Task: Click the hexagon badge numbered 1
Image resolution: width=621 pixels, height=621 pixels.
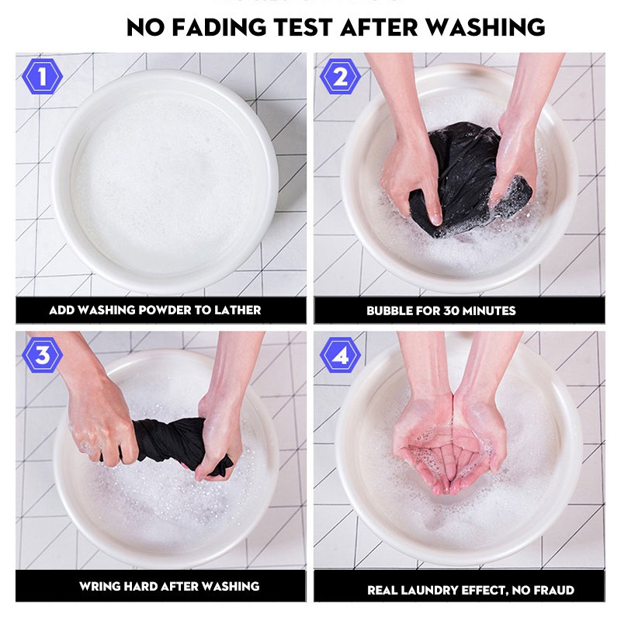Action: tap(42, 76)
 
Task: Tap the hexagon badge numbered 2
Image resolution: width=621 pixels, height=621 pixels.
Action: tap(340, 76)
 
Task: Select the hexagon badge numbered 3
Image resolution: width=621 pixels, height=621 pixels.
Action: tap(42, 355)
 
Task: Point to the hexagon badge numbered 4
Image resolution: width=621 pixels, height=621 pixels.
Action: tap(340, 355)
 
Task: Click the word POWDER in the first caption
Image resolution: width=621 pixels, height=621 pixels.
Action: tap(166, 310)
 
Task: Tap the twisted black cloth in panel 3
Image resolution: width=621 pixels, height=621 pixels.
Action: tap(170, 443)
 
